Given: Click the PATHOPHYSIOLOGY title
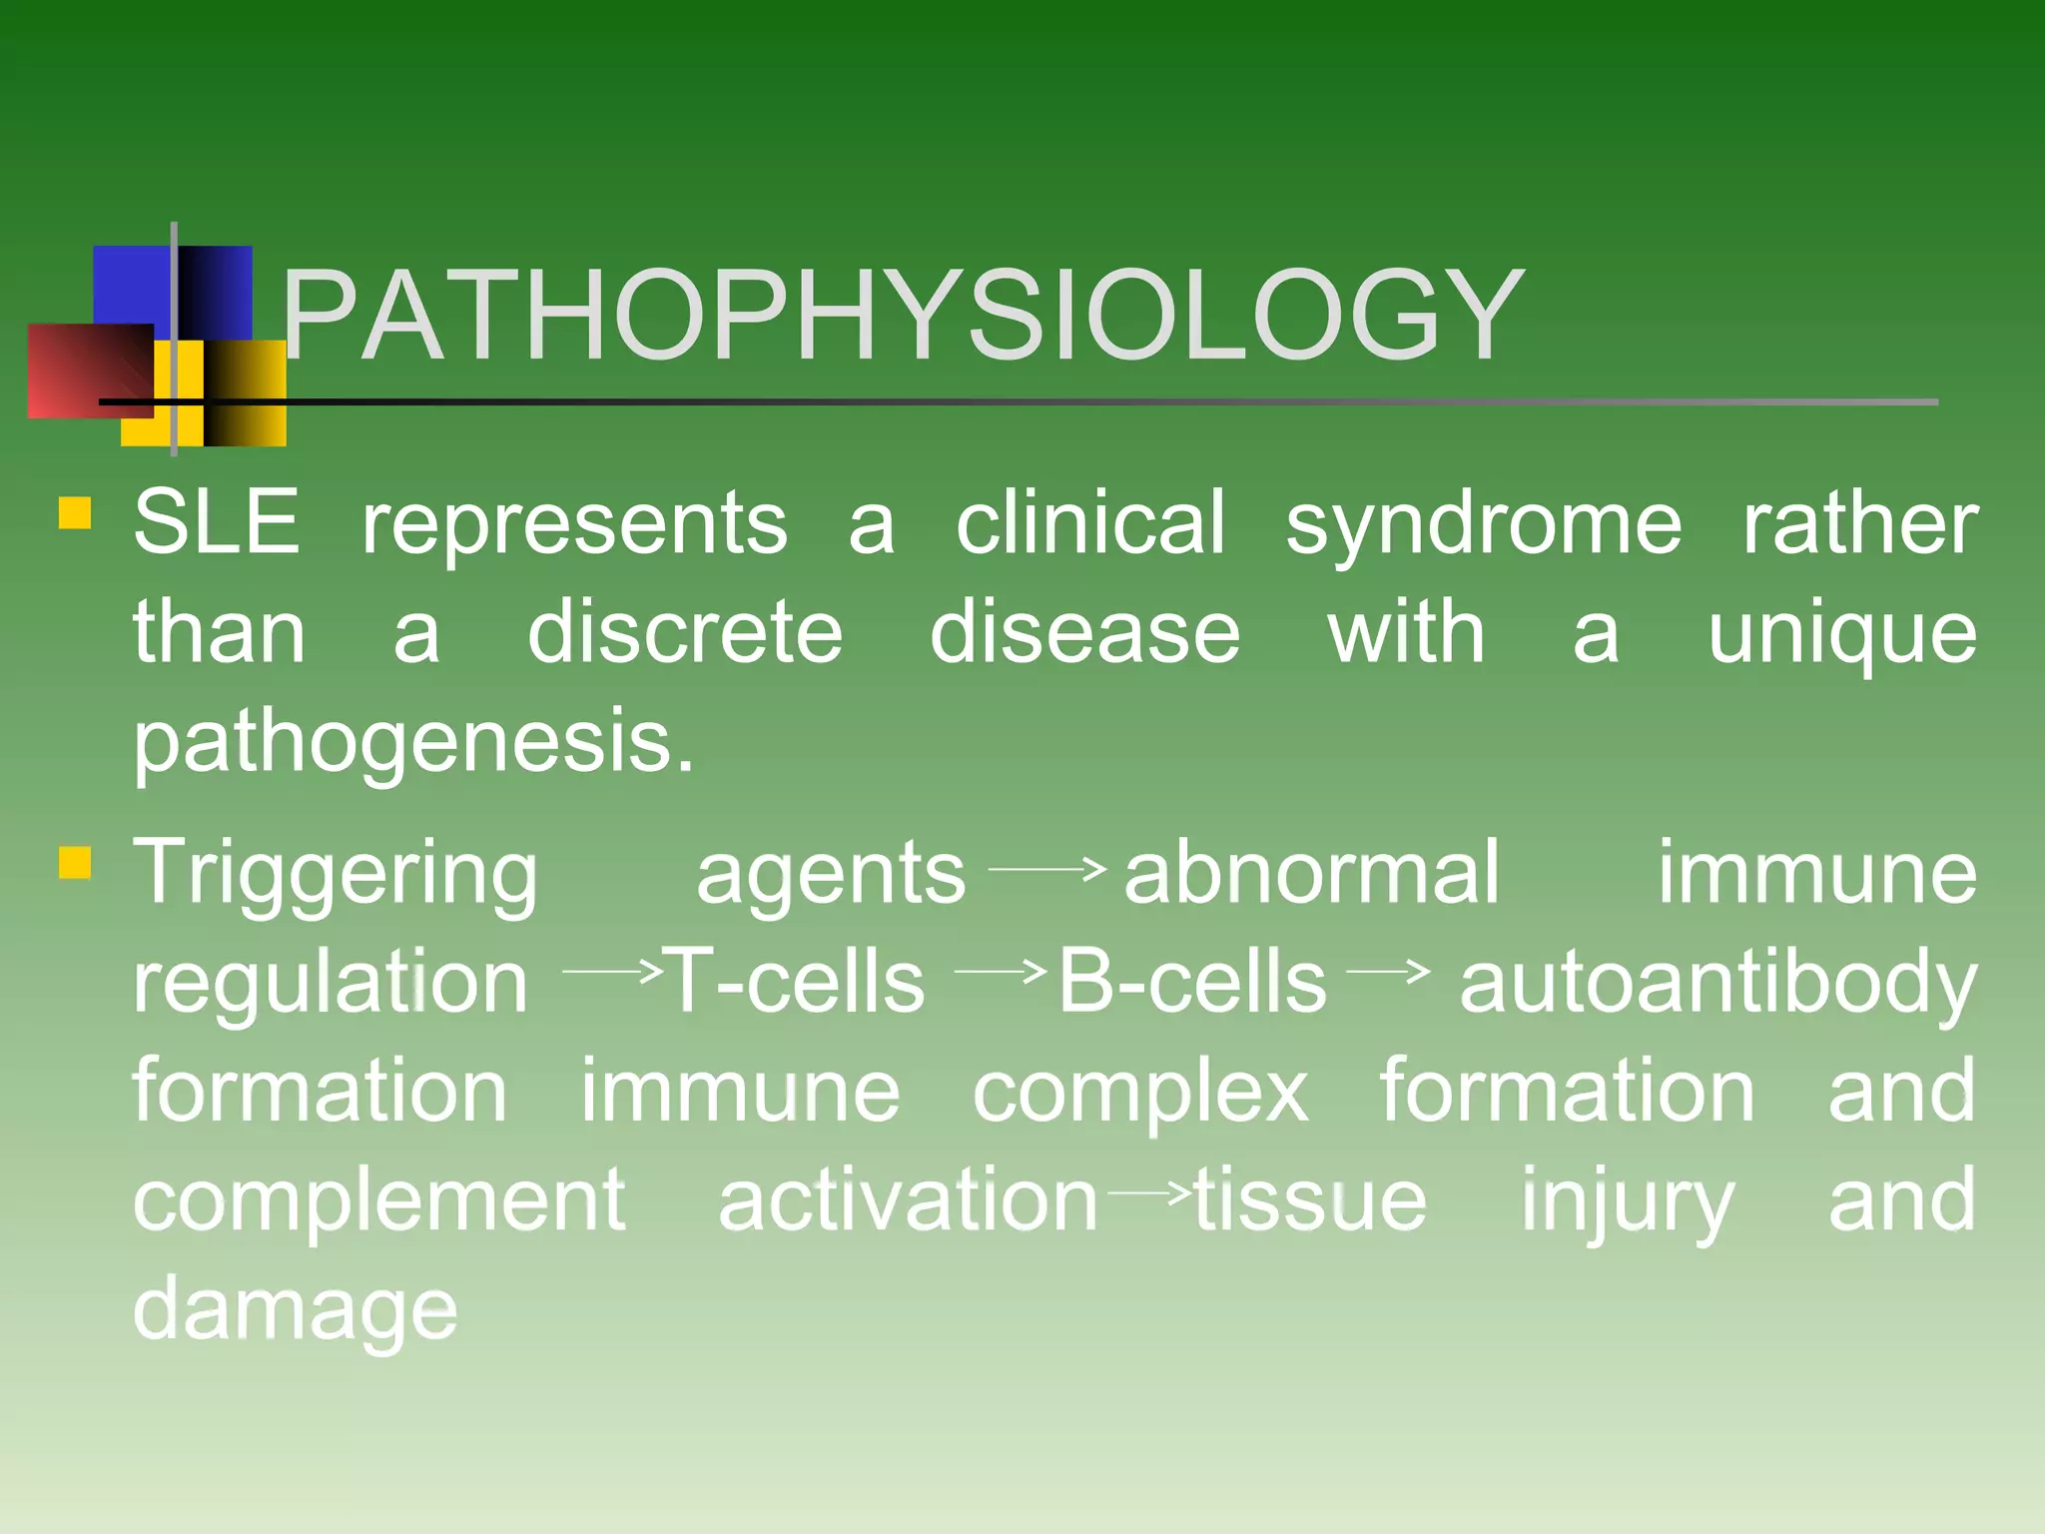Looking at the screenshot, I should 902,316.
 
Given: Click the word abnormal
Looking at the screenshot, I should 1311,873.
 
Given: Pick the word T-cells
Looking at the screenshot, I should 795,982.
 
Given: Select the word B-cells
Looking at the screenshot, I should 1192,982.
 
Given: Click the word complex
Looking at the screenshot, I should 1140,1093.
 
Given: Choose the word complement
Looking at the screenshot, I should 379,1201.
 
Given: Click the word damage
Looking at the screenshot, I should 296,1311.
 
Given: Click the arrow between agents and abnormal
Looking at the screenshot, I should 1046,869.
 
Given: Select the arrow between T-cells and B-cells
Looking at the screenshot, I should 1000,969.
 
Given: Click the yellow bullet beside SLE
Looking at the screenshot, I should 75,512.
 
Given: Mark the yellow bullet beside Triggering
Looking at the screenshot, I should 75,862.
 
